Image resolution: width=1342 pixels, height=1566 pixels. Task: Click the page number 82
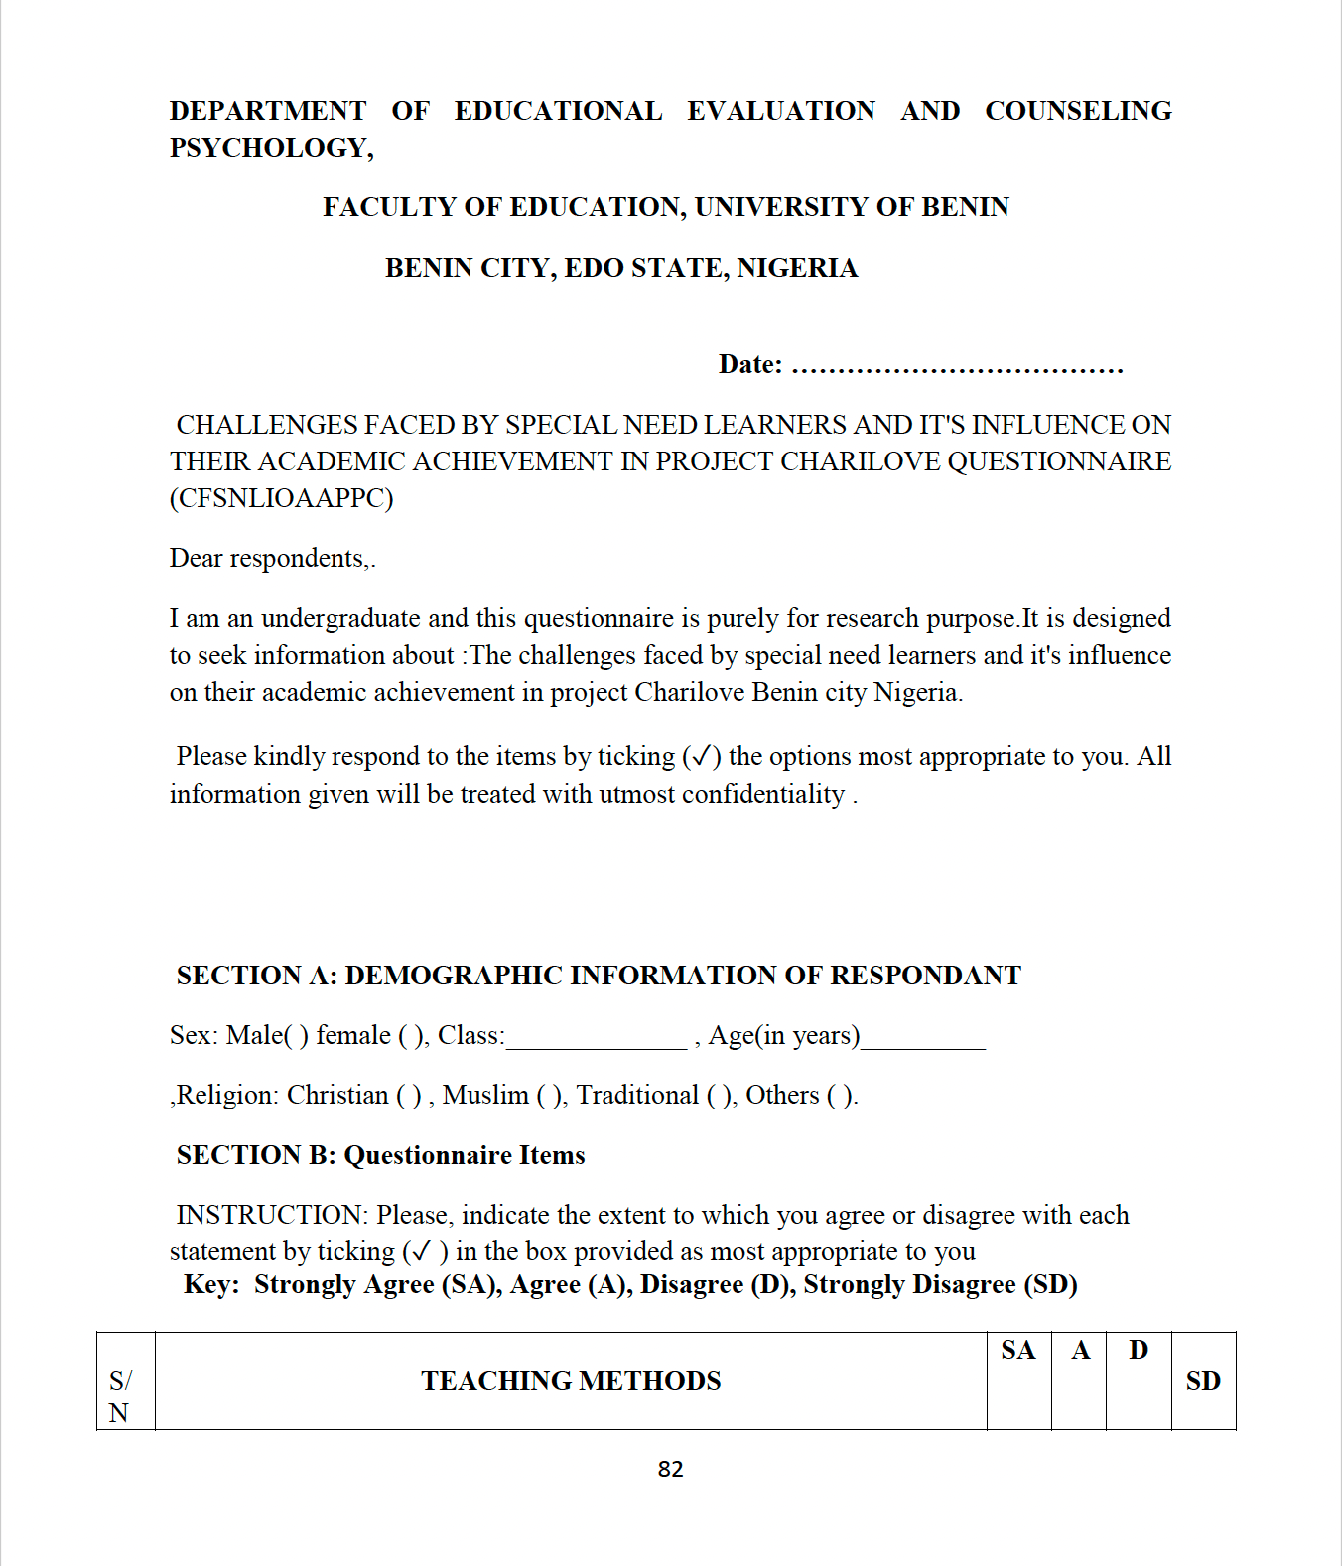(x=670, y=1469)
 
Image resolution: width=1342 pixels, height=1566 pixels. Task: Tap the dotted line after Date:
(x=957, y=367)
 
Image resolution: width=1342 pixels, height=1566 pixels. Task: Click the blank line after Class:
(x=596, y=1038)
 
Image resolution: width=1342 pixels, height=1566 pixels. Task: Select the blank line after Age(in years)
(x=922, y=1038)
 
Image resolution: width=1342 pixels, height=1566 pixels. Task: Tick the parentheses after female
(x=411, y=1036)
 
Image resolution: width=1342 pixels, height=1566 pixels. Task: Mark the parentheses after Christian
(x=409, y=1096)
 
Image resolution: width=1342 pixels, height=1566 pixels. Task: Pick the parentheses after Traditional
(x=720, y=1096)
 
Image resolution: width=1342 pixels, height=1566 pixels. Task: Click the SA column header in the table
(x=1018, y=1351)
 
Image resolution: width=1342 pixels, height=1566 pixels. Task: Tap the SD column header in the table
(x=1203, y=1381)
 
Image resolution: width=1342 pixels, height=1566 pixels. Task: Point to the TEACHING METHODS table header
(x=571, y=1381)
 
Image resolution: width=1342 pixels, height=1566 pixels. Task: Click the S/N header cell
(x=120, y=1396)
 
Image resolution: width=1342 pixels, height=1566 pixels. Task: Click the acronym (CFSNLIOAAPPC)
(x=281, y=498)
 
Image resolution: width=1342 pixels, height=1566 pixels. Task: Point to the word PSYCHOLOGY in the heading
(x=268, y=148)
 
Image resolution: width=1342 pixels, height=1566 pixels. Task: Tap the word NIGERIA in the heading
(x=797, y=268)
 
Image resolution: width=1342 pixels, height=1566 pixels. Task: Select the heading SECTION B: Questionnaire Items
(x=380, y=1155)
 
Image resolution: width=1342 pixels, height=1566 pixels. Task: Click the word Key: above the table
(x=211, y=1285)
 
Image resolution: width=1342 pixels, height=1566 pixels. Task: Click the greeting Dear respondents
(x=269, y=559)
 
